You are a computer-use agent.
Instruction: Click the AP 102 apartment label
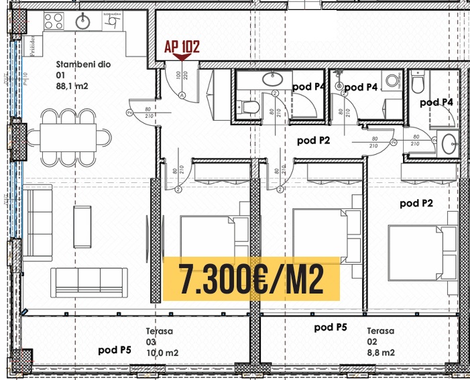(182, 48)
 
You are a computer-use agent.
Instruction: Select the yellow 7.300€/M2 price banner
(251, 277)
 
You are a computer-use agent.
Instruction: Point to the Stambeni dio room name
(83, 65)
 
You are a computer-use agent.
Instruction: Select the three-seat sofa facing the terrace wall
(90, 281)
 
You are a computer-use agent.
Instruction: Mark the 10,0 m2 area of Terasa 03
(162, 353)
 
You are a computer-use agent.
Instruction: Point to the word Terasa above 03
(160, 331)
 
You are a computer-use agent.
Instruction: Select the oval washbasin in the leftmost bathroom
(272, 79)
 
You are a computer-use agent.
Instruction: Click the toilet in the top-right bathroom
(418, 84)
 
